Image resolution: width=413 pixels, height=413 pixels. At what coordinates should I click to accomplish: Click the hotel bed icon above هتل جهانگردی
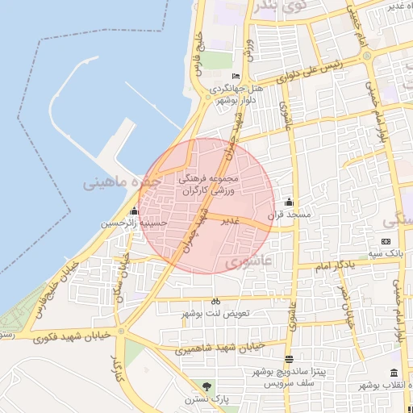point(236,76)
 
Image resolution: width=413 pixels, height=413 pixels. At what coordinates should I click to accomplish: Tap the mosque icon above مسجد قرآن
point(289,202)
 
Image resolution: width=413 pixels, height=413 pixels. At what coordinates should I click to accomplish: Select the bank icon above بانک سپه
point(385,241)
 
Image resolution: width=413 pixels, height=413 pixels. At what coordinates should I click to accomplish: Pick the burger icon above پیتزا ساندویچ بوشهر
point(289,359)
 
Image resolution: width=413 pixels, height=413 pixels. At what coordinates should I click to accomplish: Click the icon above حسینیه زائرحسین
point(134,211)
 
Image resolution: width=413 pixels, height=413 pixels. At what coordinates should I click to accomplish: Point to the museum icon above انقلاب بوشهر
point(394,373)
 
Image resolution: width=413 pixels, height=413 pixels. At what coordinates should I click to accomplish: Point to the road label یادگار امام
point(332,265)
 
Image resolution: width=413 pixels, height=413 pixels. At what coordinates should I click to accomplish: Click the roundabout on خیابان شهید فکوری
point(121,331)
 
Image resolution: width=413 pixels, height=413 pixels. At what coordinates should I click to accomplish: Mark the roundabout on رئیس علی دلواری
point(368,56)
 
